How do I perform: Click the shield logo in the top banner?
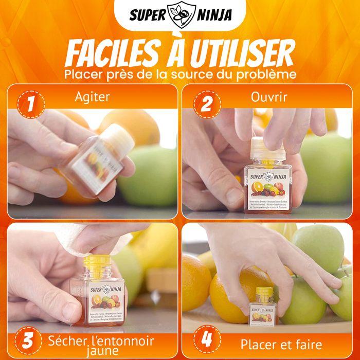(179, 14)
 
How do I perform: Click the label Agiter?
(92, 97)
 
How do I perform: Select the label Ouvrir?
(269, 97)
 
